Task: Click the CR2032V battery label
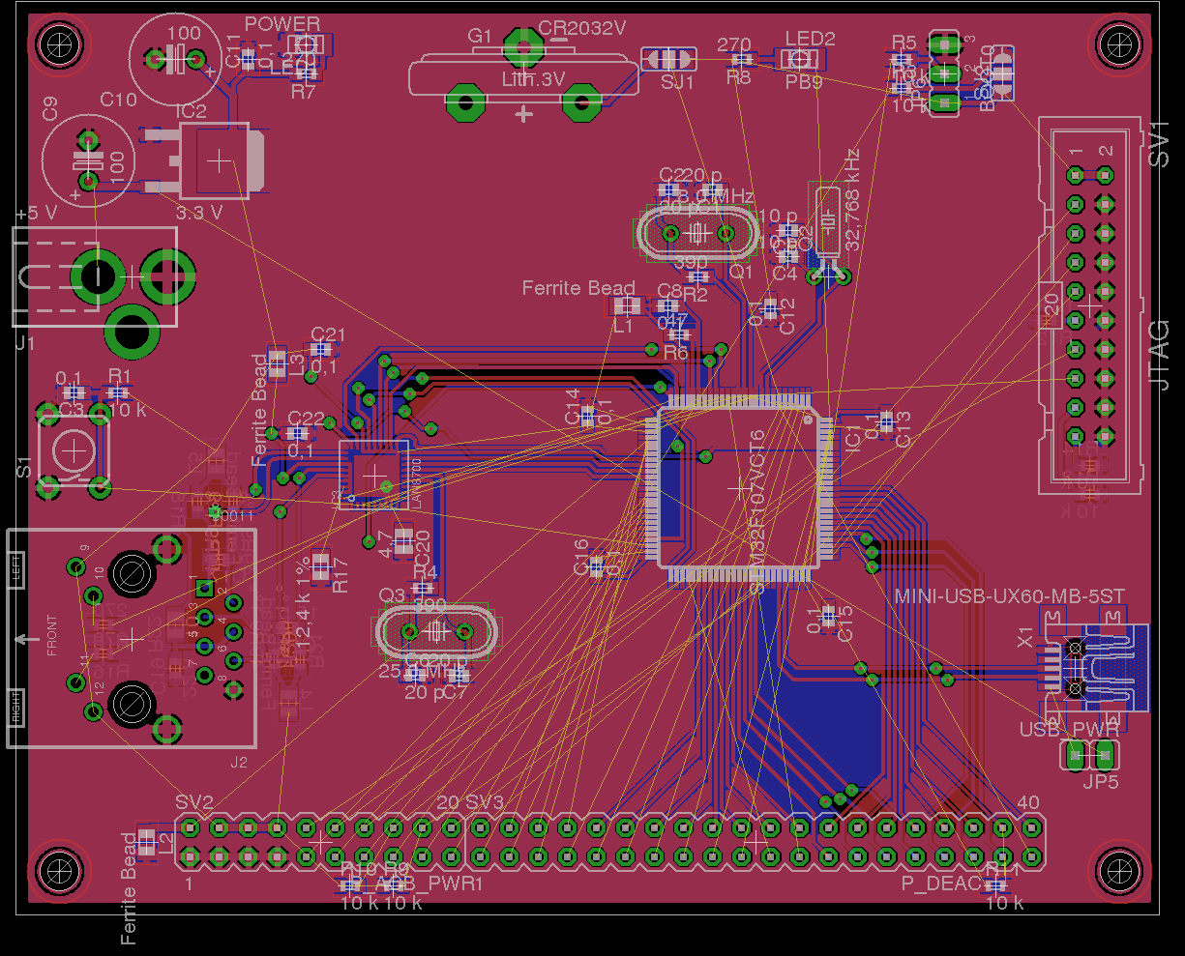(582, 28)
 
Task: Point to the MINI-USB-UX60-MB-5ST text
(1009, 595)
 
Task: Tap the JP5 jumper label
(1100, 781)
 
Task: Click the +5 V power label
(37, 213)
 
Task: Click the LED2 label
(810, 39)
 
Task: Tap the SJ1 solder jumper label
(677, 82)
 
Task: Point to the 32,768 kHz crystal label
(851, 199)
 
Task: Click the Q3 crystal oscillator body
(435, 631)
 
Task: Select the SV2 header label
(194, 802)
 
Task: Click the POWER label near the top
(282, 23)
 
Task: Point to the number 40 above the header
(1028, 802)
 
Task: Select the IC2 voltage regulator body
(222, 160)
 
